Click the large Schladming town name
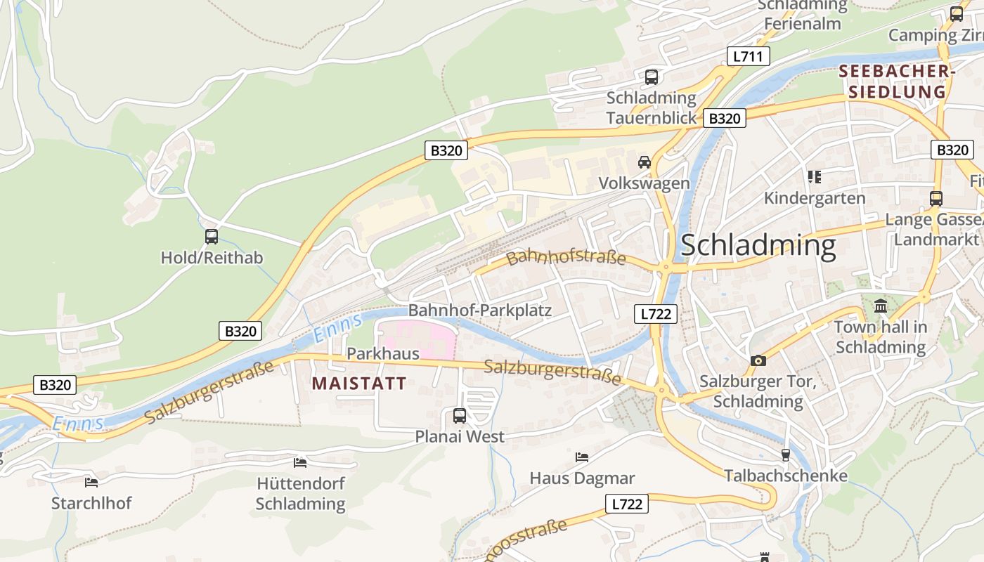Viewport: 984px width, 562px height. tap(758, 245)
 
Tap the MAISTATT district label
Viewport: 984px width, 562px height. tap(359, 384)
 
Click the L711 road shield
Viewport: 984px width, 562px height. tap(748, 56)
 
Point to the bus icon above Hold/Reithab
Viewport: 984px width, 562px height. tap(212, 237)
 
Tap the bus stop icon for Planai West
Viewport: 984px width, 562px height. tap(460, 416)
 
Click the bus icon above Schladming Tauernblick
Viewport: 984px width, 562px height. tap(652, 77)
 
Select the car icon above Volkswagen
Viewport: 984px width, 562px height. tap(644, 162)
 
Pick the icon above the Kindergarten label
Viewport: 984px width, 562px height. tap(815, 177)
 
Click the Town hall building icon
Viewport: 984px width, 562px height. tap(881, 306)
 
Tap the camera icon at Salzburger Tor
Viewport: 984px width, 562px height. tap(758, 361)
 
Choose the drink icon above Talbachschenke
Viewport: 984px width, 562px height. tap(786, 455)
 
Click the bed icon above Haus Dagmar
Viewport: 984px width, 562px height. tap(582, 457)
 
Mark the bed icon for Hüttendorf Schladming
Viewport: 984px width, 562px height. tap(300, 463)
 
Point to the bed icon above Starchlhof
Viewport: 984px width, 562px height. tap(91, 483)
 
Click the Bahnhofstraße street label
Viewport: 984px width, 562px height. tap(566, 257)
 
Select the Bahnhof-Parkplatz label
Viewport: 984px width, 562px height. tap(480, 311)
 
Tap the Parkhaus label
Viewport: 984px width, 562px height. tap(382, 353)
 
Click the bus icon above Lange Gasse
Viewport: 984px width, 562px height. tap(936, 199)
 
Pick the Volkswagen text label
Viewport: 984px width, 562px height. tap(644, 183)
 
